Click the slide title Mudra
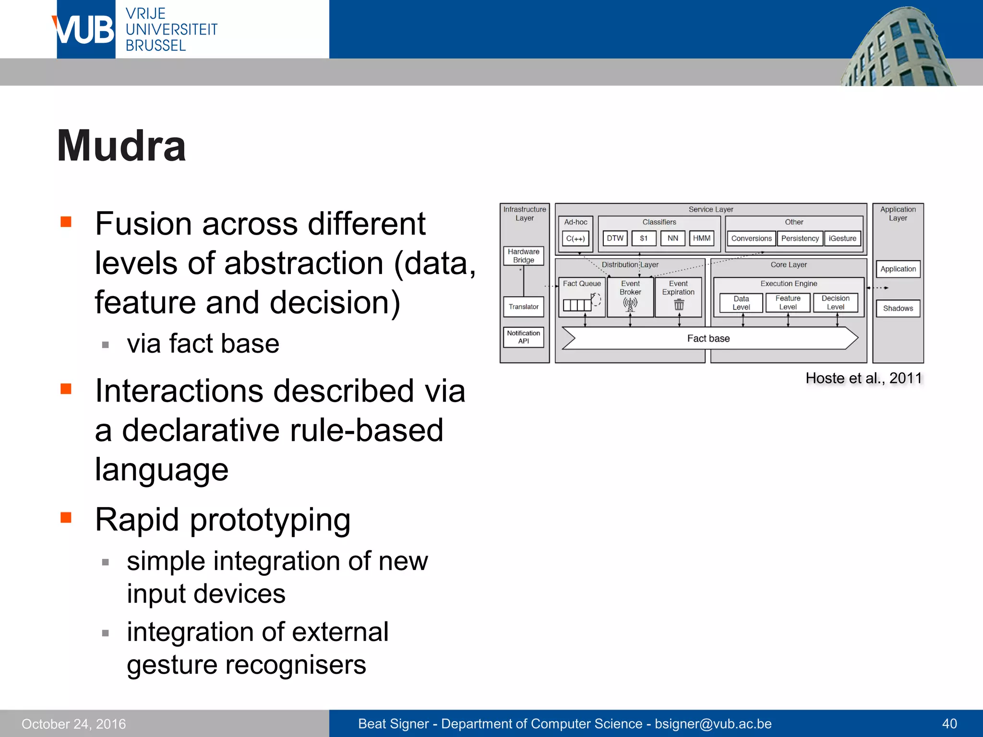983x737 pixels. (121, 146)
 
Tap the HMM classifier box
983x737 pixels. (701, 238)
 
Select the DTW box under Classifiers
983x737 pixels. (615, 238)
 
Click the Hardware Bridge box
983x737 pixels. (523, 256)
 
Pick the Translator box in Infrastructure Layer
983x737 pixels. (523, 307)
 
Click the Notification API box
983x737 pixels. (523, 337)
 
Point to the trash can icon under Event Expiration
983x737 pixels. (679, 304)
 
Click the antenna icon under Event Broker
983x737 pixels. (630, 304)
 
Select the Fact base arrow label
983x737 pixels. (708, 338)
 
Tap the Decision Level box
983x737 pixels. (835, 302)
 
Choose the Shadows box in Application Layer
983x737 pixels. (898, 308)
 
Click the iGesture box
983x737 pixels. (842, 238)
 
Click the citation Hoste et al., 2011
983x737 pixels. (864, 378)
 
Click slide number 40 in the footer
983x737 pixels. (949, 724)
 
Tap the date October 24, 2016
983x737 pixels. (73, 724)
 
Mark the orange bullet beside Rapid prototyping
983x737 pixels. (66, 517)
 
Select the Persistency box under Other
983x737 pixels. (800, 238)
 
